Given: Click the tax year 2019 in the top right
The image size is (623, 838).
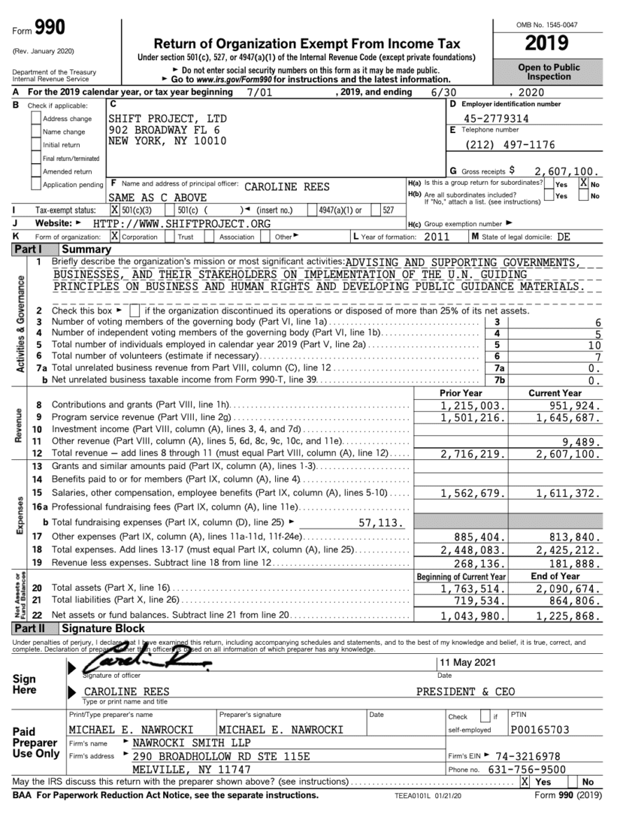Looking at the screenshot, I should tap(547, 43).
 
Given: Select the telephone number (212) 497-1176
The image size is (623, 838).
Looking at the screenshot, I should tap(510, 145).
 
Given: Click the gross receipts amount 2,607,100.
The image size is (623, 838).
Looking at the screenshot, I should tap(566, 171).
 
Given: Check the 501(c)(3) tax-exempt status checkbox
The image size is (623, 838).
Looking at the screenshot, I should tap(115, 210).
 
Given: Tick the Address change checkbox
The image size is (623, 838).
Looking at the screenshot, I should tap(37, 119).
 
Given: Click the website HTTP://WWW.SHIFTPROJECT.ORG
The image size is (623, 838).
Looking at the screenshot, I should tap(181, 223).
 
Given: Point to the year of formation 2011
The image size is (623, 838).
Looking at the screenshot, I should tap(437, 237).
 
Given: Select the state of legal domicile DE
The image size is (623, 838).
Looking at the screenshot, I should tap(563, 237).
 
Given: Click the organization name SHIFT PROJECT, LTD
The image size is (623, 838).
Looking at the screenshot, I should tap(167, 119).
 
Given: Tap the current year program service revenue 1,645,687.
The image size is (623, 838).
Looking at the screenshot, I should tap(568, 417).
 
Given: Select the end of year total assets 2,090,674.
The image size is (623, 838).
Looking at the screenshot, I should tap(568, 589).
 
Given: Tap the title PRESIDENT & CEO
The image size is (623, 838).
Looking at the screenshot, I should tap(465, 692).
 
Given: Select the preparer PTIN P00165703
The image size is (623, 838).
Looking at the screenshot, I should tap(540, 729).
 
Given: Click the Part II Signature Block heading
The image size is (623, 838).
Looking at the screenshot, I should tap(103, 629).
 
